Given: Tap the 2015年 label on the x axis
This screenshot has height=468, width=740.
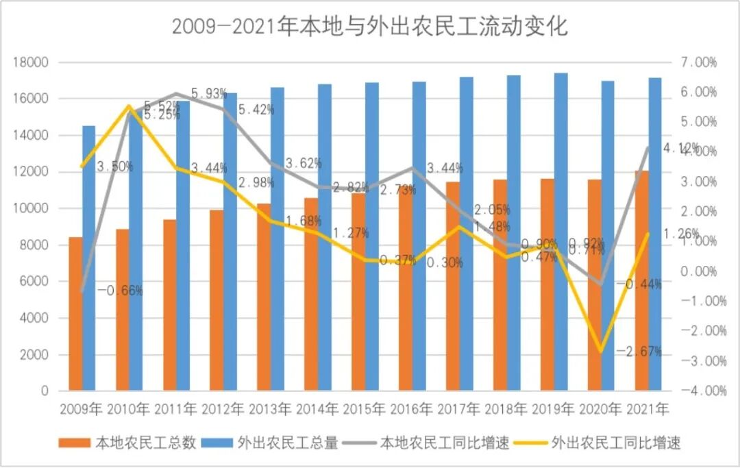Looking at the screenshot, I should pyautogui.click(x=365, y=410).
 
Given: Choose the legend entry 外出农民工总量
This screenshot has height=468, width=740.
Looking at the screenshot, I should pyautogui.click(x=288, y=443).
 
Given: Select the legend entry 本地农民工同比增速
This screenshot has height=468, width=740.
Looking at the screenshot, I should pyautogui.click(x=445, y=443).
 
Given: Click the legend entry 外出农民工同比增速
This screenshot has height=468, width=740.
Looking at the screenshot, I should pyautogui.click(x=615, y=443).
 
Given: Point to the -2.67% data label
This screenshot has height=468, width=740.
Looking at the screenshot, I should pyautogui.click(x=639, y=352).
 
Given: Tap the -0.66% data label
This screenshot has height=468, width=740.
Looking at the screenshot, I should pyautogui.click(x=120, y=291).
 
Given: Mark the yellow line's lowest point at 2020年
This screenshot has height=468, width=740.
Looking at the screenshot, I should pyautogui.click(x=602, y=351).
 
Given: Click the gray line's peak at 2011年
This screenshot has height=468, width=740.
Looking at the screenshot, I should pyautogui.click(x=176, y=94).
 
